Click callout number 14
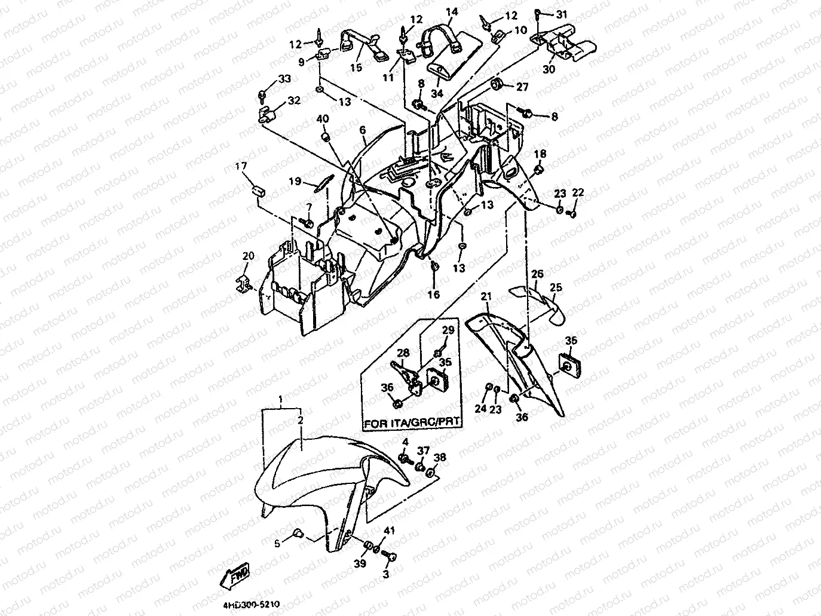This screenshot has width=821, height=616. pos(452,12)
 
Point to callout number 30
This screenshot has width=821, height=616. pos(549,69)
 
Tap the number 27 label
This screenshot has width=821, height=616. pos(522,87)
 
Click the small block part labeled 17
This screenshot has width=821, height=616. pos(258,192)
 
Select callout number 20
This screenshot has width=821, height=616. pos(248,256)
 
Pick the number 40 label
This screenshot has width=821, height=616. pos(322,119)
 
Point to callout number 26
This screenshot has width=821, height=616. pos(537,274)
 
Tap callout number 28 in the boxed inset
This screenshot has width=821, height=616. pos(403,353)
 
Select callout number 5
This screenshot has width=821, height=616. pos(277,543)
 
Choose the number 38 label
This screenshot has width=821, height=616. pos(440,458)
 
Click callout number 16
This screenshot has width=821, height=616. pos(433,294)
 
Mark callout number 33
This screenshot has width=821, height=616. pos(284,79)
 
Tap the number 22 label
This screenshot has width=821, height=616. pos(578,192)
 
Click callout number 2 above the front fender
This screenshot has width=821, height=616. pos(300,421)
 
